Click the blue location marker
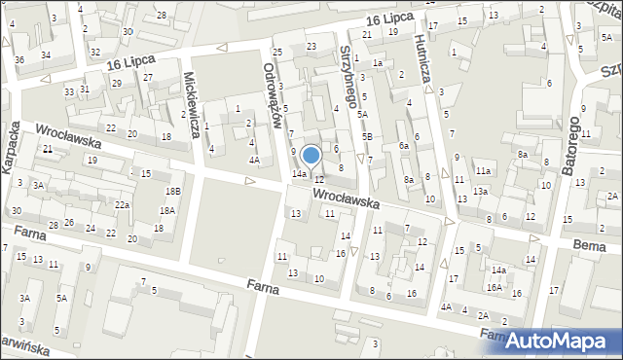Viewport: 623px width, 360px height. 311,156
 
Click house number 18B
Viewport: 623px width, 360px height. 172,192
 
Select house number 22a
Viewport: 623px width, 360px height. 122,205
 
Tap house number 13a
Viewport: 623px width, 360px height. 480,192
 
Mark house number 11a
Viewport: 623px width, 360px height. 484,171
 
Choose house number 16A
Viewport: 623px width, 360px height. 495,287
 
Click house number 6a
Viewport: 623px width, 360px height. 403,145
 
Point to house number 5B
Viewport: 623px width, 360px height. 367,136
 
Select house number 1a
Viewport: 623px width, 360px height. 377,63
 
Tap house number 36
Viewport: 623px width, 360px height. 19,60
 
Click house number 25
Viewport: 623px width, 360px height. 277,52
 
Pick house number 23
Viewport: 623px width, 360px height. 311,46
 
